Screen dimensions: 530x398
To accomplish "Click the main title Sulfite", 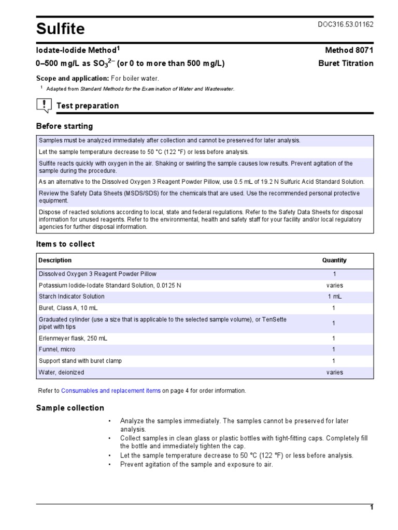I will (x=60, y=29).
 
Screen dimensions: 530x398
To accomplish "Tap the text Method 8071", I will (x=349, y=50).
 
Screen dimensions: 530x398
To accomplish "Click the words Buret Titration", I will (x=345, y=63).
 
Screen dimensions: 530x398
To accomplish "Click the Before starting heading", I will (x=64, y=126).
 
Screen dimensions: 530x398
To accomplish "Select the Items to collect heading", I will (x=65, y=244).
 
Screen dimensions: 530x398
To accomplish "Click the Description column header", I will (x=55, y=260).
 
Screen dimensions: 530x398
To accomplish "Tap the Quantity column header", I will (x=334, y=260).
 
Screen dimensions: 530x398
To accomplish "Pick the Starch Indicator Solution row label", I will (x=72, y=297).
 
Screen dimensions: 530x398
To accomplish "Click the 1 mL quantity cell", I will (x=334, y=297).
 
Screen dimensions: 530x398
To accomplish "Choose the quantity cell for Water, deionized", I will (x=334, y=372).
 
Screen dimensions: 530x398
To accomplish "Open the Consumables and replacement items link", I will (x=111, y=391).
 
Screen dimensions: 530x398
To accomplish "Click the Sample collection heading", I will (x=70, y=408).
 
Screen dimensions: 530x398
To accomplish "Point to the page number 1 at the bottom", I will (x=371, y=507).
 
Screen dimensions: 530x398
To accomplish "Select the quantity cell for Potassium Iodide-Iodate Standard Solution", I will (x=334, y=285).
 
